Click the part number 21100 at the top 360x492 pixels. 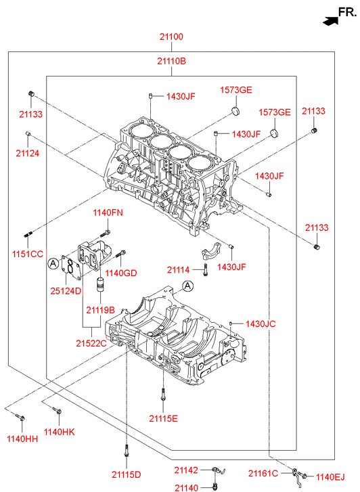tap(171, 37)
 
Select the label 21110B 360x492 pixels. tap(171, 61)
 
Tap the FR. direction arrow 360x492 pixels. tap(330, 21)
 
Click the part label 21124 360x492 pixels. tap(28, 153)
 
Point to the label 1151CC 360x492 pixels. tap(28, 254)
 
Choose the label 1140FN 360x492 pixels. tap(108, 213)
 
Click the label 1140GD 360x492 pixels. tap(121, 273)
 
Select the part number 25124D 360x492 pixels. tap(66, 291)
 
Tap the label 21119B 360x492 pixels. tap(100, 310)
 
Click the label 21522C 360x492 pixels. tap(91, 343)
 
